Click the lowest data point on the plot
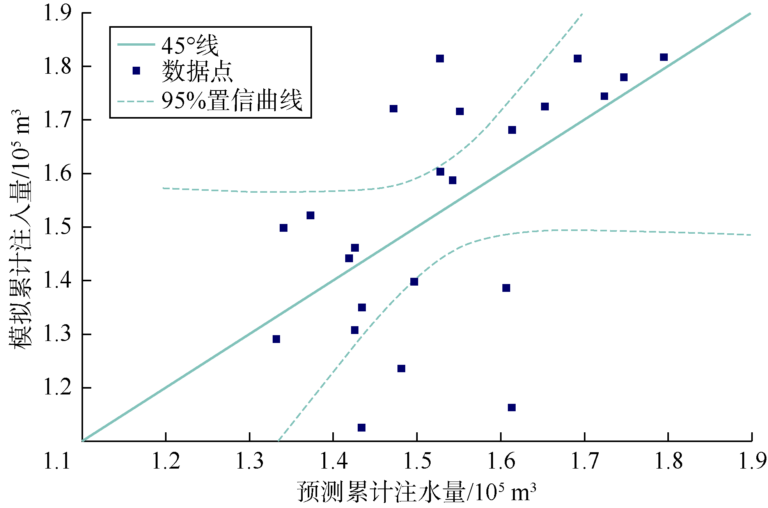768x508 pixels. pyautogui.click(x=362, y=428)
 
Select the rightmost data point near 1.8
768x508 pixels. pyautogui.click(x=664, y=57)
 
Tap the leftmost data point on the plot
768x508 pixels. pyautogui.click(x=276, y=339)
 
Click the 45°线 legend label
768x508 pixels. pyautogui.click(x=190, y=45)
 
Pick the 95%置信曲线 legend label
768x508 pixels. pyautogui.click(x=232, y=100)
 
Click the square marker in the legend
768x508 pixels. pyautogui.click(x=136, y=71)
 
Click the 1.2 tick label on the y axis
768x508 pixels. pyautogui.click(x=57, y=387)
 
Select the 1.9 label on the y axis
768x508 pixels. pyautogui.click(x=57, y=13)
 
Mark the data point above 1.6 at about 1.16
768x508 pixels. pyautogui.click(x=512, y=407)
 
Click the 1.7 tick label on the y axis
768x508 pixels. pyautogui.click(x=57, y=120)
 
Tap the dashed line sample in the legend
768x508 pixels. pyautogui.click(x=136, y=101)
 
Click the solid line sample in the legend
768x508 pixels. pyautogui.click(x=136, y=44)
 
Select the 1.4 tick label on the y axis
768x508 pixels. pyautogui.click(x=57, y=281)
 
